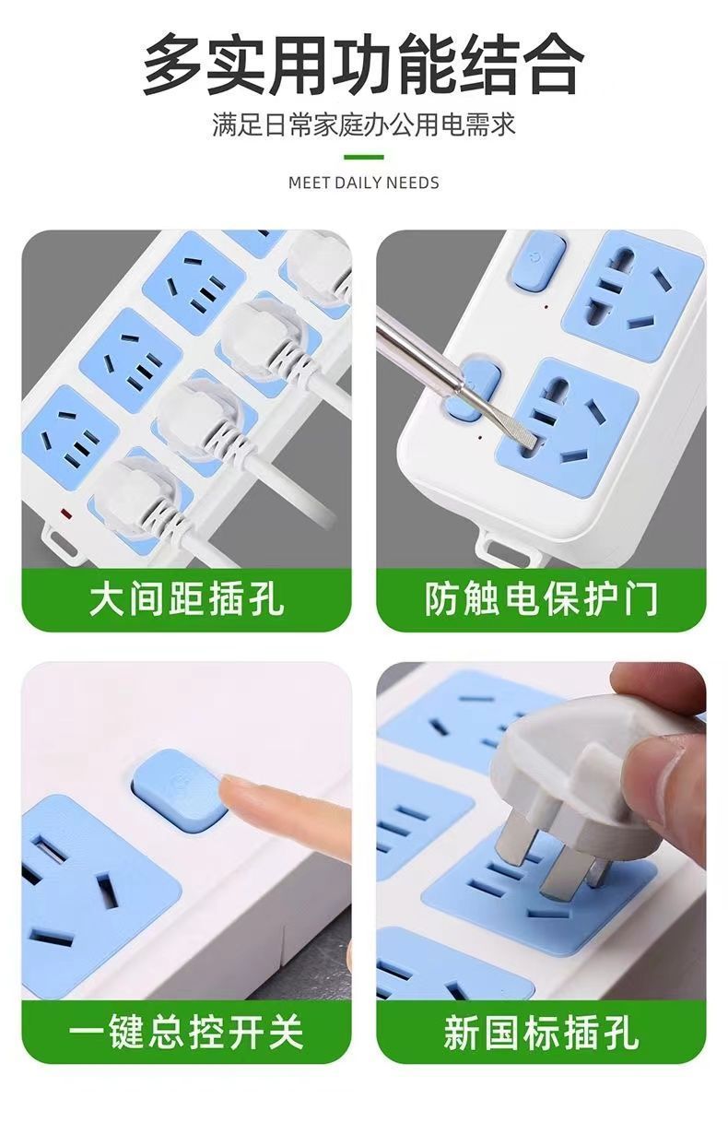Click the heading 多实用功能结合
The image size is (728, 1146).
[363, 64]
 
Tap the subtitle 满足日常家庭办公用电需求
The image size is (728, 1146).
[363, 124]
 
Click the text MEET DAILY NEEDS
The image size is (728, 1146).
[363, 183]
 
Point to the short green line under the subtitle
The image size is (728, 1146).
[363, 157]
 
